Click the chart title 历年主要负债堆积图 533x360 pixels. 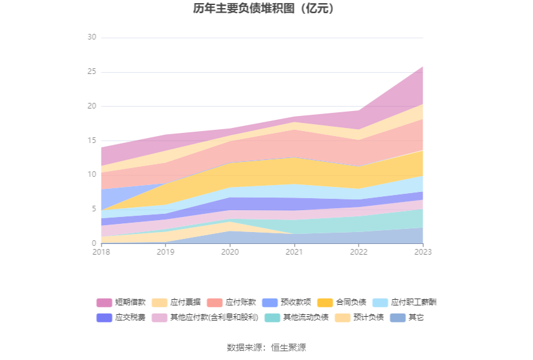click(263, 9)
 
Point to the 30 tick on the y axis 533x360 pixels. click(92, 38)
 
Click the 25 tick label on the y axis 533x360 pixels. click(92, 72)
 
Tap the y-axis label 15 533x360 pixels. click(92, 141)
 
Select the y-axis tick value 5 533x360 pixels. click(93, 209)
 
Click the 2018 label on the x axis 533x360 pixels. click(101, 251)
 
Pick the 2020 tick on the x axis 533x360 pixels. click(230, 251)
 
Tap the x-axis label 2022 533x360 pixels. click(359, 251)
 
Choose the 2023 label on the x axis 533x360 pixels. click(423, 251)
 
